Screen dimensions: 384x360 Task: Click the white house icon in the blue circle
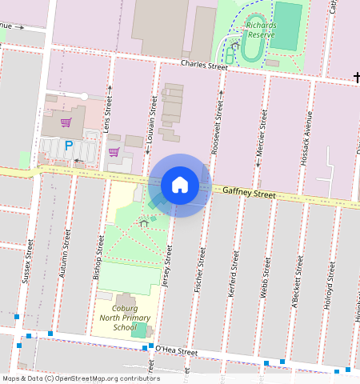[180, 185]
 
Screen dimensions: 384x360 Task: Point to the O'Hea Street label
[176, 350]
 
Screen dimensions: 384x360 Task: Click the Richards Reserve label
[262, 30]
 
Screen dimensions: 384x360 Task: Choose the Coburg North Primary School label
[124, 318]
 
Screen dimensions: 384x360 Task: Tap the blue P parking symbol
[69, 146]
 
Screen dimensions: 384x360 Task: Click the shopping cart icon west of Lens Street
[66, 122]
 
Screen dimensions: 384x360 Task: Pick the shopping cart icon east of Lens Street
[114, 151]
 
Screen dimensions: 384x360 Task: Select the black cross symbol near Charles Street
[356, 78]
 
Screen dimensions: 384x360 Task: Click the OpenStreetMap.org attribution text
[104, 378]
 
